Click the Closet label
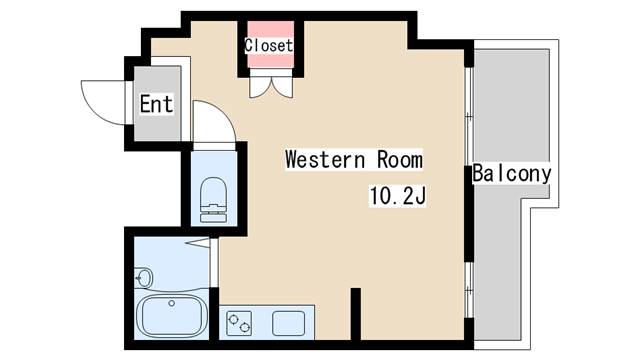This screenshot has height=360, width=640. coord(269,45)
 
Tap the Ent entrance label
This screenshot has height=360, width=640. coord(156,104)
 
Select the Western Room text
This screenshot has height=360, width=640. coord(354,159)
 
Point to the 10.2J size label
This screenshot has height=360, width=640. coord(398,196)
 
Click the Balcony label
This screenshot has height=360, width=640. coord(512,173)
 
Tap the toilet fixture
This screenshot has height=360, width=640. coord(213,200)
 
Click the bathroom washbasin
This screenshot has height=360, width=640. coord(143,278)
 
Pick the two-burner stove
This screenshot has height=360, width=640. coord(239,323)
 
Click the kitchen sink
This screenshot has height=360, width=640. coord(289,323)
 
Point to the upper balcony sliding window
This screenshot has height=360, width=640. coord(469,117)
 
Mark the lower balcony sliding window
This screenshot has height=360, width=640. coord(469,290)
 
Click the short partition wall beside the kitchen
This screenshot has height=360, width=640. coord(356,313)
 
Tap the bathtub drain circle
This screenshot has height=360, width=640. coord(172,303)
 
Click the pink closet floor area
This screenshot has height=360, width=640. coord(271,44)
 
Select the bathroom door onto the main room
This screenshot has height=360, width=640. coord(214,263)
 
